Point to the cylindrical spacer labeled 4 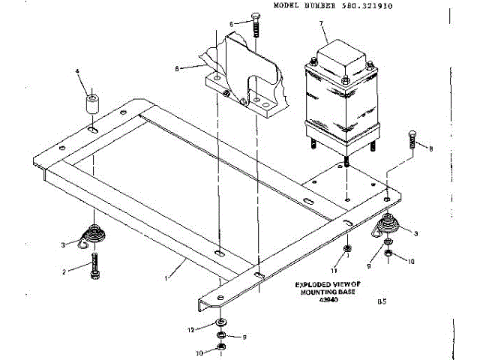click(x=91, y=104)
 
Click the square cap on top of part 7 click(x=337, y=54)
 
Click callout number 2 click(x=65, y=271)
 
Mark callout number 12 click(x=192, y=329)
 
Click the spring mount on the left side click(x=93, y=235)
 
